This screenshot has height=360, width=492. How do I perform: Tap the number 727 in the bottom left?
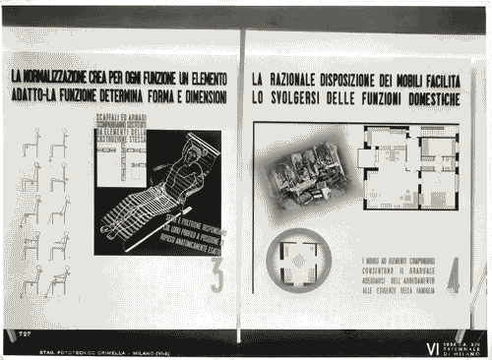click(x=25, y=335)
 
